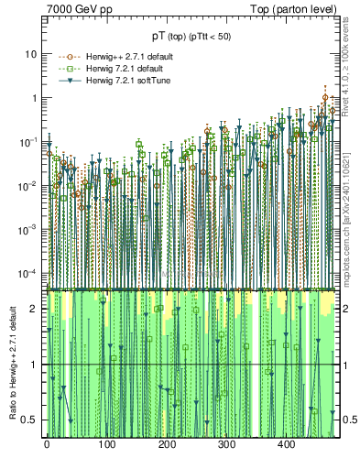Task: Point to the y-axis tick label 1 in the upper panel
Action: [x=34, y=98]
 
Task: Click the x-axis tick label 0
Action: [x=47, y=444]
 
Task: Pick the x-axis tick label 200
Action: [x=167, y=444]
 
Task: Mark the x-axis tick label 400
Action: [x=287, y=444]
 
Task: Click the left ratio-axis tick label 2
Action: [x=35, y=309]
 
